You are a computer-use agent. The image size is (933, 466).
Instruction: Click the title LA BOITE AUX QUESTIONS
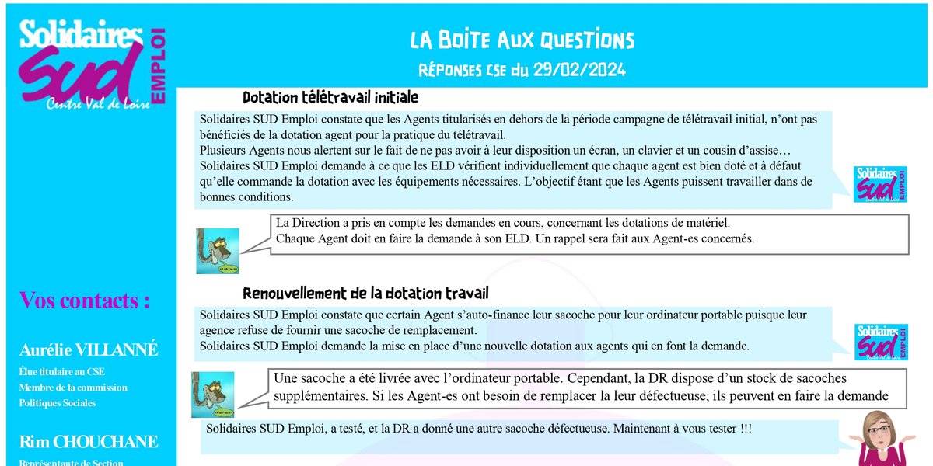522,40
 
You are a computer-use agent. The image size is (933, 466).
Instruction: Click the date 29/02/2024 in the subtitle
579,70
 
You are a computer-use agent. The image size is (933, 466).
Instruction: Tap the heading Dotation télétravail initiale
330,98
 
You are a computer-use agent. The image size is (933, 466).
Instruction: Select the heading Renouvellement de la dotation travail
365,294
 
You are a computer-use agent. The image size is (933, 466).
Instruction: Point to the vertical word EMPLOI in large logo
160,66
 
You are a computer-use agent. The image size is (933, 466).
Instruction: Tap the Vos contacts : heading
85,301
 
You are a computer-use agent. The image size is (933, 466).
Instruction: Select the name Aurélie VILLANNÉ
89,350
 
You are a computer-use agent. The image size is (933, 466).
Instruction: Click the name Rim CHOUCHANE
89,443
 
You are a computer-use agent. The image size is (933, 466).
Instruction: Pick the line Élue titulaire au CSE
62,372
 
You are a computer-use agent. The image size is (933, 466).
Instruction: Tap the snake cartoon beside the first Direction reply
217,250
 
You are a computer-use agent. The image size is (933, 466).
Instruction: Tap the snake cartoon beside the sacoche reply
212,394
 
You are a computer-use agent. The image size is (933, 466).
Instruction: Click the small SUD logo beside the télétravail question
880,184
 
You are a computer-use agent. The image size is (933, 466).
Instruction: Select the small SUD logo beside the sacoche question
880,342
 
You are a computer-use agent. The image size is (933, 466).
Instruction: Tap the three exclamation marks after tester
743,429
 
